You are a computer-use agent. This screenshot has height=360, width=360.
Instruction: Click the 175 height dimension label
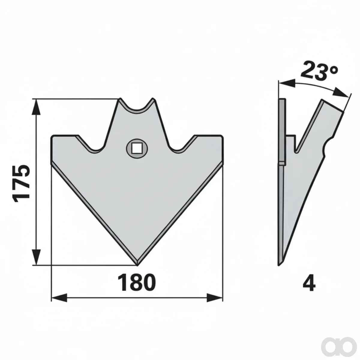click(x=21, y=184)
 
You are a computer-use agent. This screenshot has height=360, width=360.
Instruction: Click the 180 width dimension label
click(x=136, y=284)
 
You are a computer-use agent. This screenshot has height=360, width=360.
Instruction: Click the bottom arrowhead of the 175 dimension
click(x=36, y=257)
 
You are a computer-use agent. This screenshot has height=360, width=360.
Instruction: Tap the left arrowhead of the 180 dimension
click(x=59, y=298)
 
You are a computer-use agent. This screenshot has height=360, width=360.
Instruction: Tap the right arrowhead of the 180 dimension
click(x=215, y=298)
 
